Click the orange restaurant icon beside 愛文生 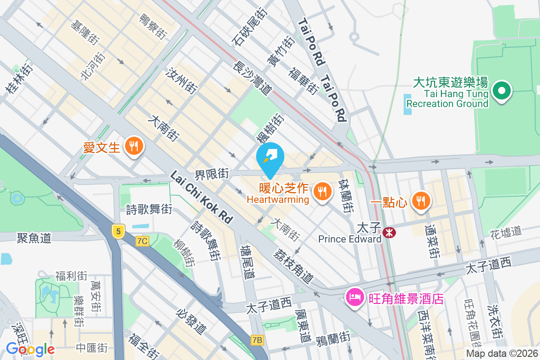134,146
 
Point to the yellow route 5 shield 118,232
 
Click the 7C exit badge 142,241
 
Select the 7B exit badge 257,340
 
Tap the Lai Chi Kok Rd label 201,198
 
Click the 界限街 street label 212,174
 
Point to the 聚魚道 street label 34,238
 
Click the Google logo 30,349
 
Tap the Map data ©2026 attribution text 501,354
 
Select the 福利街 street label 71,275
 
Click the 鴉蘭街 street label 333,337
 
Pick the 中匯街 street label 92,347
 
